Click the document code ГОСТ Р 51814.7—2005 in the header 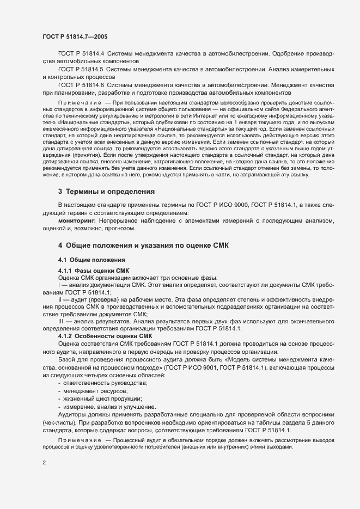coord(75,36)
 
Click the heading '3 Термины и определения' coord(107,192)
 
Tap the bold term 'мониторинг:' coord(77,221)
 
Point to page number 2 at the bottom coord(44,463)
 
